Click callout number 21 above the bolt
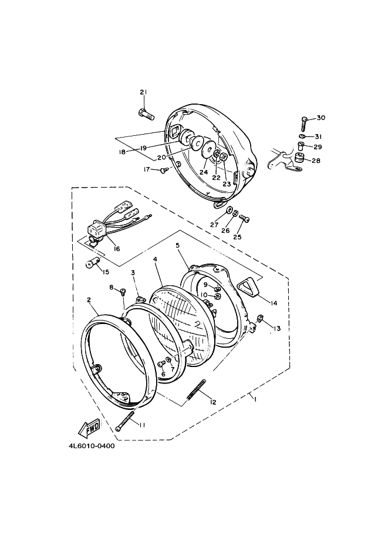pyautogui.click(x=143, y=92)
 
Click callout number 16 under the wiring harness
pyautogui.click(x=117, y=249)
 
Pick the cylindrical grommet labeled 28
pyautogui.click(x=299, y=159)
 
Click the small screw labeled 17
pyautogui.click(x=164, y=169)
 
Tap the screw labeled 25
pyautogui.click(x=244, y=218)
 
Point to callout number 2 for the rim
pyautogui.click(x=89, y=300)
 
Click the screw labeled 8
pyautogui.click(x=123, y=292)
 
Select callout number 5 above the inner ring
pyautogui.click(x=177, y=245)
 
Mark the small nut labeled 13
pyautogui.click(x=261, y=319)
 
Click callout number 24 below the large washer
pyautogui.click(x=204, y=172)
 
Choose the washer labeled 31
pyautogui.click(x=302, y=136)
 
